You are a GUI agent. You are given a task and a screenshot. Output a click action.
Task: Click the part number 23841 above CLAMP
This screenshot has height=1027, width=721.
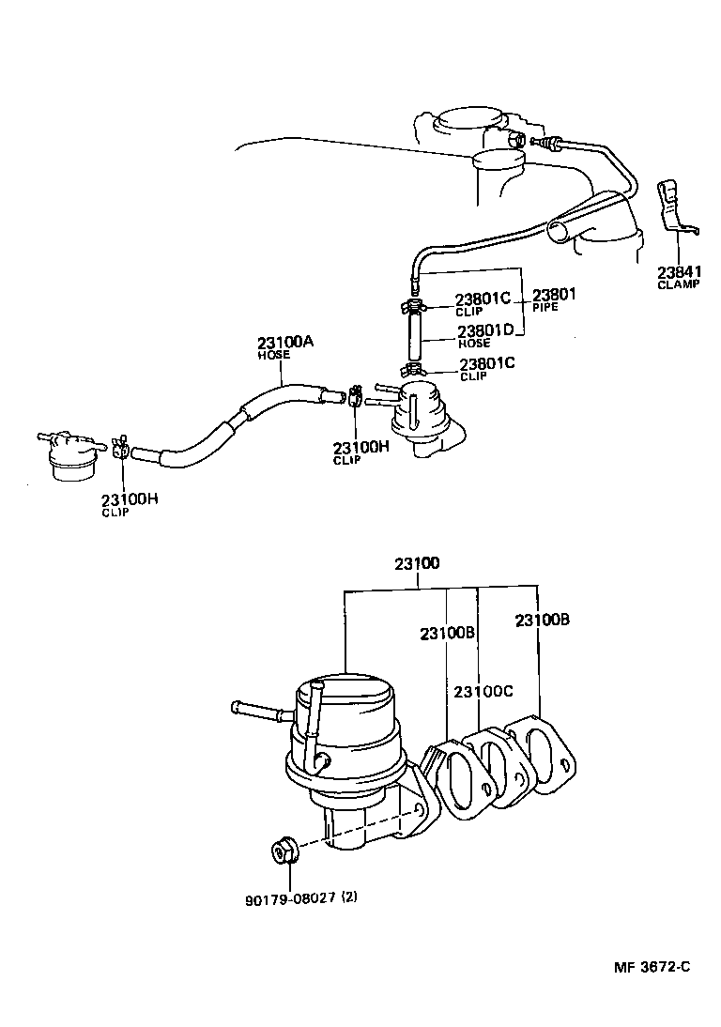pos(679,272)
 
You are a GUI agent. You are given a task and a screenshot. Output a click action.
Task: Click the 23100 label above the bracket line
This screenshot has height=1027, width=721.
pos(417,564)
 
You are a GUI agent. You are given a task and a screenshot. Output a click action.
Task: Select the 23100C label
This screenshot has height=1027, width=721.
pos(483,692)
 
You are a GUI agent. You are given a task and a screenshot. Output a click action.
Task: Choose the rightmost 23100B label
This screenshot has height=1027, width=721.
pos(542,620)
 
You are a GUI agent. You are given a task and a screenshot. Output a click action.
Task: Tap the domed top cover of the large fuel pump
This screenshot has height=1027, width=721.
pos(345,699)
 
